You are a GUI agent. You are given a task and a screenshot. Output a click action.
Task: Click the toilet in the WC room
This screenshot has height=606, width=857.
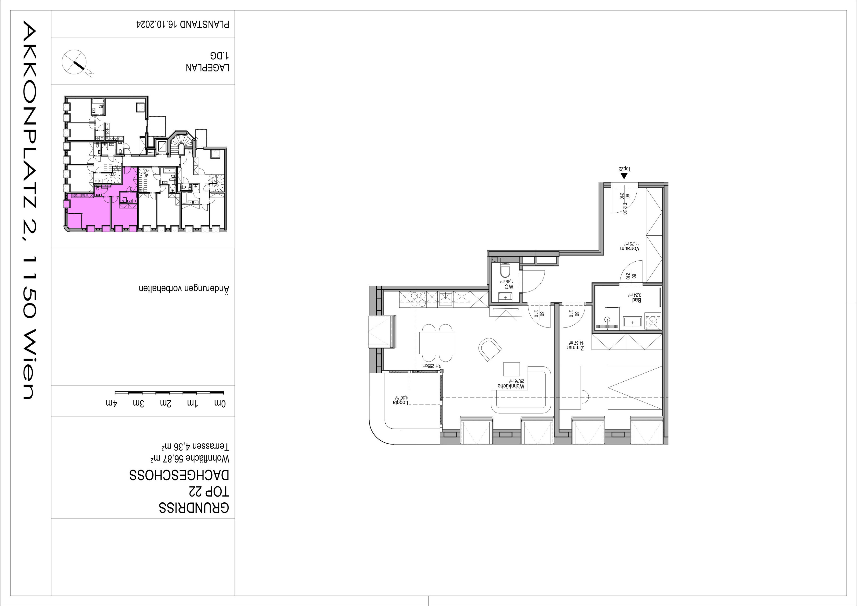pyautogui.click(x=505, y=271)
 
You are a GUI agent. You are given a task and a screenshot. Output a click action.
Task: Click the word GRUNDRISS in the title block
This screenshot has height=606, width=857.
pyautogui.click(x=194, y=508)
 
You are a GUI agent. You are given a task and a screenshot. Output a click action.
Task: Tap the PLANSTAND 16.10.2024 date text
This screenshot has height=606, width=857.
pyautogui.click(x=182, y=25)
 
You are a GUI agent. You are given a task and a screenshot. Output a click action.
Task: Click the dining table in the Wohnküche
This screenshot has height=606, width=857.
pyautogui.click(x=437, y=343)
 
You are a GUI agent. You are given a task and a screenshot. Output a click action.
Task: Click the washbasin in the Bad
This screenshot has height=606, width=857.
pyautogui.click(x=632, y=321)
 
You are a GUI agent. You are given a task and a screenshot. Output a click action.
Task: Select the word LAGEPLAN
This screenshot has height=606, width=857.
pyautogui.click(x=208, y=68)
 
